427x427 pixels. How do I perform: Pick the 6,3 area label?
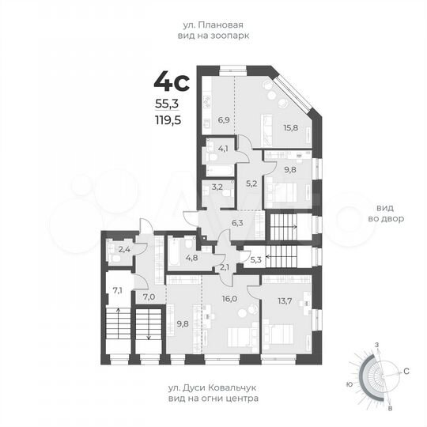click(x=237, y=224)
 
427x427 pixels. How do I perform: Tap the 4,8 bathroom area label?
click(x=191, y=257)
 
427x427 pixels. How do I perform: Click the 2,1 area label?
click(x=225, y=266)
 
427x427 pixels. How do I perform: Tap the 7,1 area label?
click(x=117, y=290)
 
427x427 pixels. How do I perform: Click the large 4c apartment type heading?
click(x=172, y=81)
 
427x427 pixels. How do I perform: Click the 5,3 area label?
click(x=255, y=259)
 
